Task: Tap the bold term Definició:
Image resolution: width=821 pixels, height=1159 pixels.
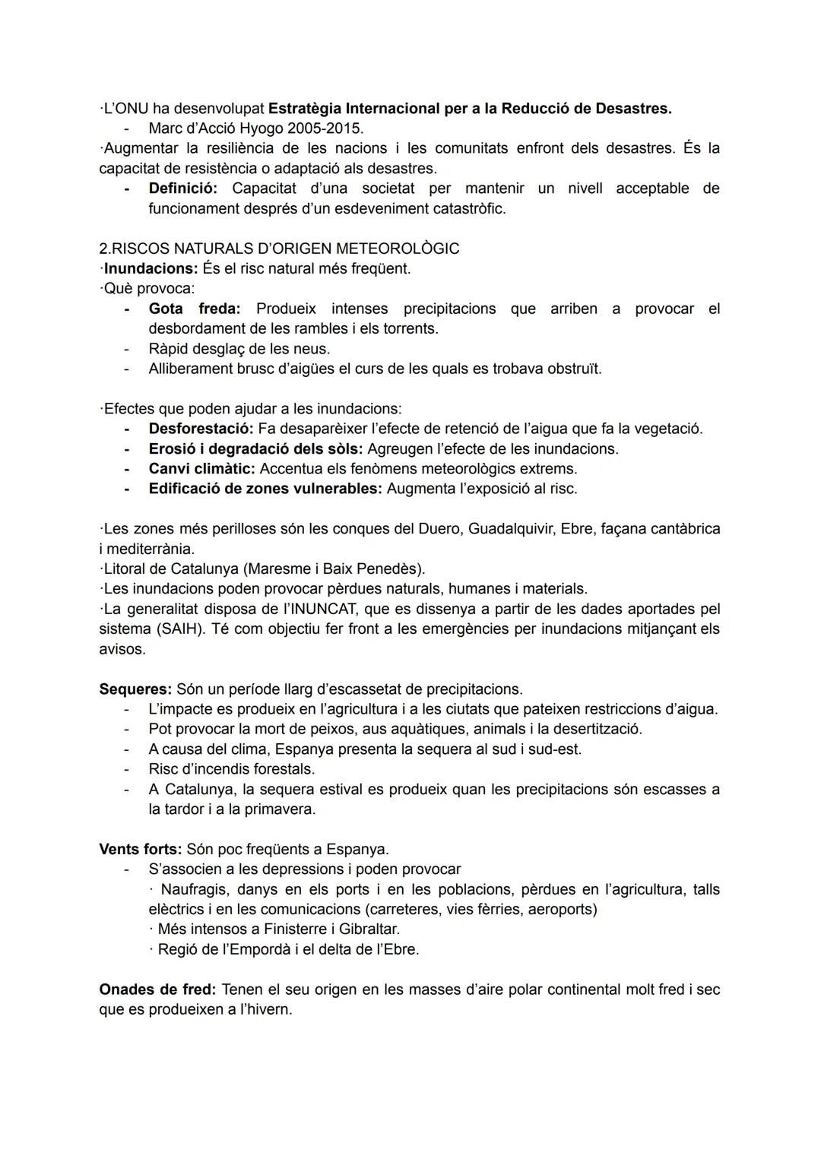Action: coord(182,188)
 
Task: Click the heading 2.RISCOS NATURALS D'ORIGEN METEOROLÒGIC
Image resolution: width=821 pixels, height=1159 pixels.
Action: coord(279,249)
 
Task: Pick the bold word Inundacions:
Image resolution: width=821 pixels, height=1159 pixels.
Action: coord(151,268)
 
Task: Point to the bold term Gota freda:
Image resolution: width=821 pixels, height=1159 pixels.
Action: coord(195,309)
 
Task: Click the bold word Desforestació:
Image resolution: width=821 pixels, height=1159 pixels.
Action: coord(201,429)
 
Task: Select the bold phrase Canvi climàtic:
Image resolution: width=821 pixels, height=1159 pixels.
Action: coord(201,468)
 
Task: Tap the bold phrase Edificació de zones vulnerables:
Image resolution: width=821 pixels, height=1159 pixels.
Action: coord(265,488)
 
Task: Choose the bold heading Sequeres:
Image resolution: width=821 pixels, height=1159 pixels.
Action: coord(135,689)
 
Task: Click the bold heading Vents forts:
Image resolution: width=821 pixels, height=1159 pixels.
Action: coord(141,849)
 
